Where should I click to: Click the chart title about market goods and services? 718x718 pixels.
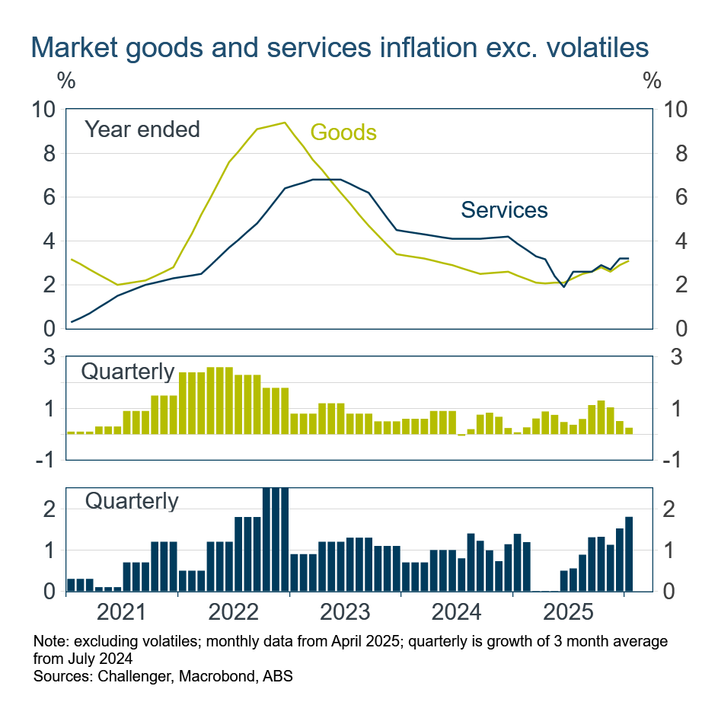340,47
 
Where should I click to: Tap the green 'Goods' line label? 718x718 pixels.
343,132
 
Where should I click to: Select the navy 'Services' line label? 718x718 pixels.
504,209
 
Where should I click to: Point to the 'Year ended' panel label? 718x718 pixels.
142,129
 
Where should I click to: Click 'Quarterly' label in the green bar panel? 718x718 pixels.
127,372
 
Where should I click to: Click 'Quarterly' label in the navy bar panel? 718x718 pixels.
132,501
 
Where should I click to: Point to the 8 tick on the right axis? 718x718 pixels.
675,155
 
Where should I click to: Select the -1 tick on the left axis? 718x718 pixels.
47,461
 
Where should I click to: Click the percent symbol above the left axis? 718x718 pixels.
65,79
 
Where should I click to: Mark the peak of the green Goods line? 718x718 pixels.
284,123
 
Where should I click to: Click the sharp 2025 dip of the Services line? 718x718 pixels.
563,287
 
